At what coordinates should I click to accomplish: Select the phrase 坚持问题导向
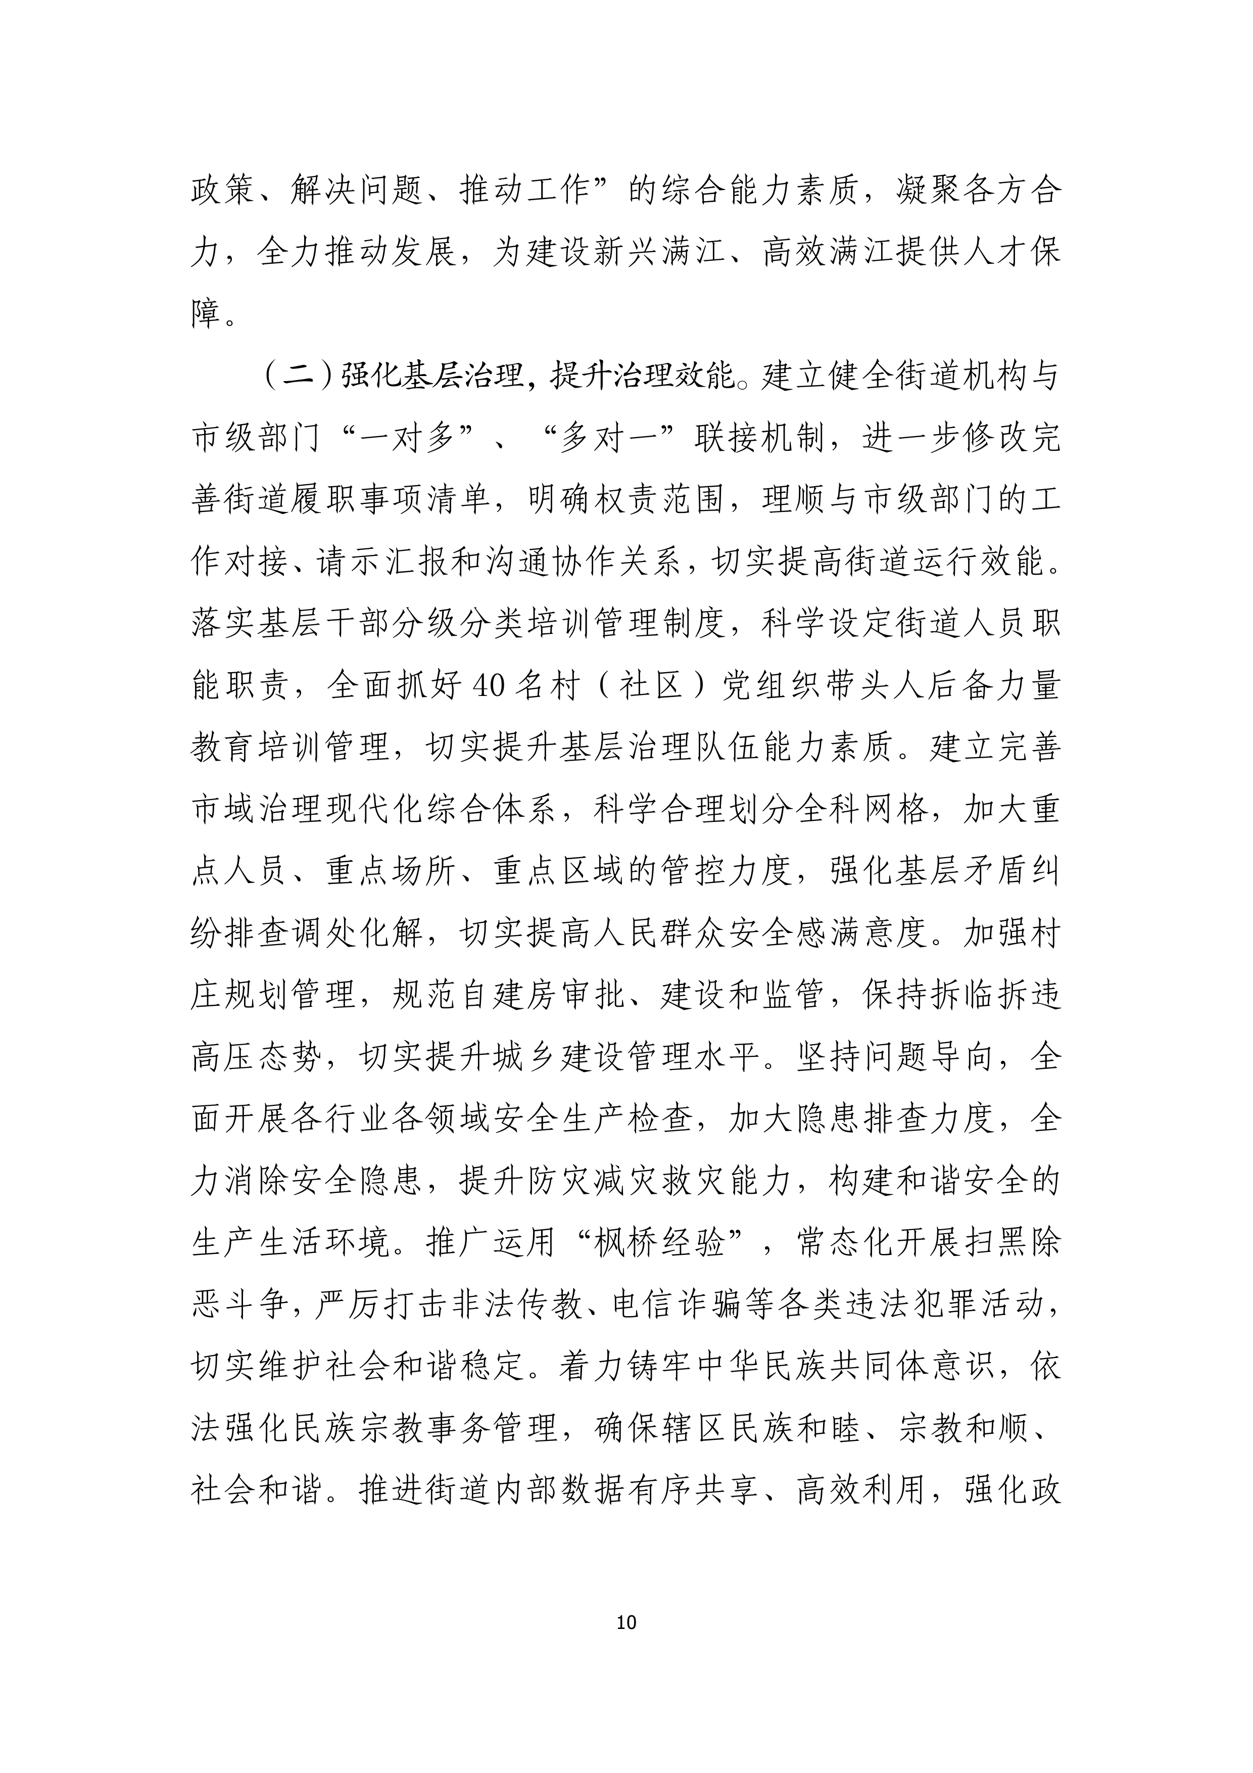click(896, 1058)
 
